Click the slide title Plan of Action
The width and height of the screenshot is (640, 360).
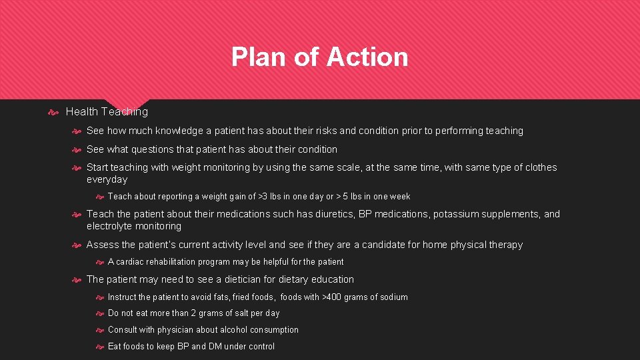[x=319, y=57]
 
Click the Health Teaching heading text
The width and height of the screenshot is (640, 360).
[x=107, y=112]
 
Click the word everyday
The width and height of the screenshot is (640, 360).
[x=107, y=179]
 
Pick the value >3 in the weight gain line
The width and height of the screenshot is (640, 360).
[x=262, y=197]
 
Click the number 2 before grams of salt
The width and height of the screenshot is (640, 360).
[x=193, y=313]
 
